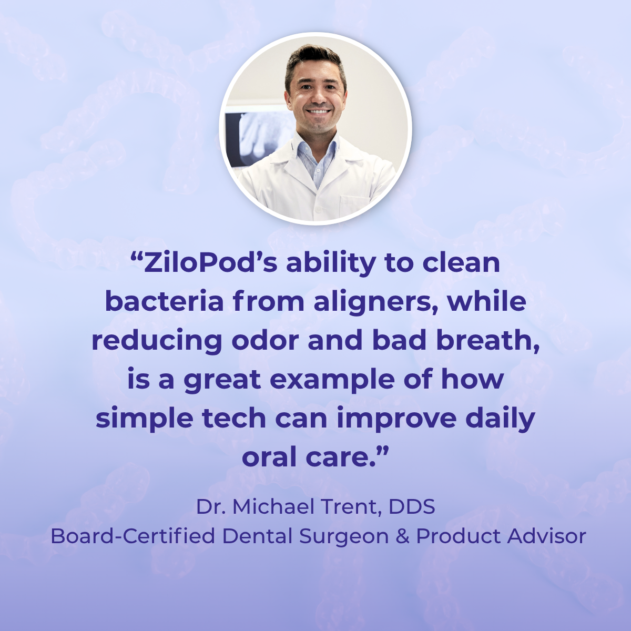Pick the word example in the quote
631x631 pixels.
[332, 380]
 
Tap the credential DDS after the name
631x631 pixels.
[412, 507]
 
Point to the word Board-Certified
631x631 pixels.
[133, 536]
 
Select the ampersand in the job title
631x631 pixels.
[403, 536]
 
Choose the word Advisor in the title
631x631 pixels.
[546, 536]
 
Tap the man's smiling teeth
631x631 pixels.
[319, 112]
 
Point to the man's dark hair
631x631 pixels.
[314, 57]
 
